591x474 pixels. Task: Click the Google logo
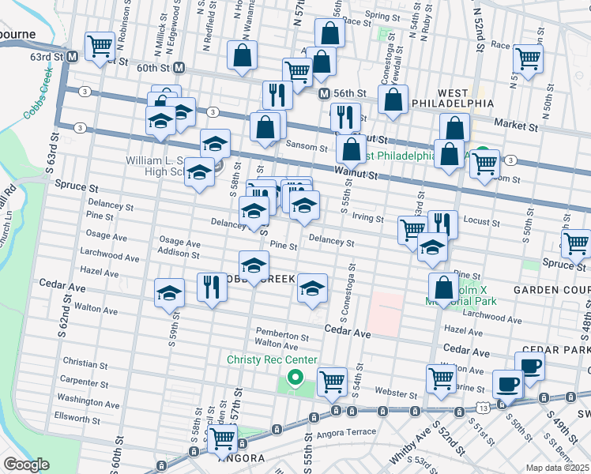pos(26,465)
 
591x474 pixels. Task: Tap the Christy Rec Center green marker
pos(295,378)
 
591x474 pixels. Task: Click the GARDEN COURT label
pos(551,290)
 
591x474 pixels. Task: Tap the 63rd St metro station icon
pos(72,57)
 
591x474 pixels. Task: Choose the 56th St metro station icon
pos(323,94)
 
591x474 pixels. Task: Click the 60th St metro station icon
pos(179,69)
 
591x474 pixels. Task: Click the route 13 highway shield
pos(482,405)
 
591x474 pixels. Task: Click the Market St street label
pos(515,124)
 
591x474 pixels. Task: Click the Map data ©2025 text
pos(557,468)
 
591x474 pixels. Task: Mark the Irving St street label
pos(367,219)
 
